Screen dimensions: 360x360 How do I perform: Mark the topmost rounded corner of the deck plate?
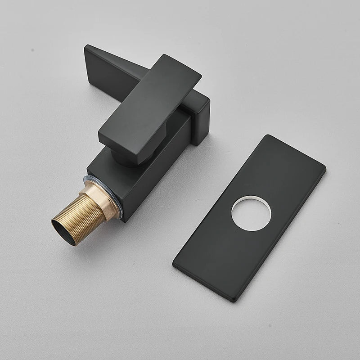point(269,136)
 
